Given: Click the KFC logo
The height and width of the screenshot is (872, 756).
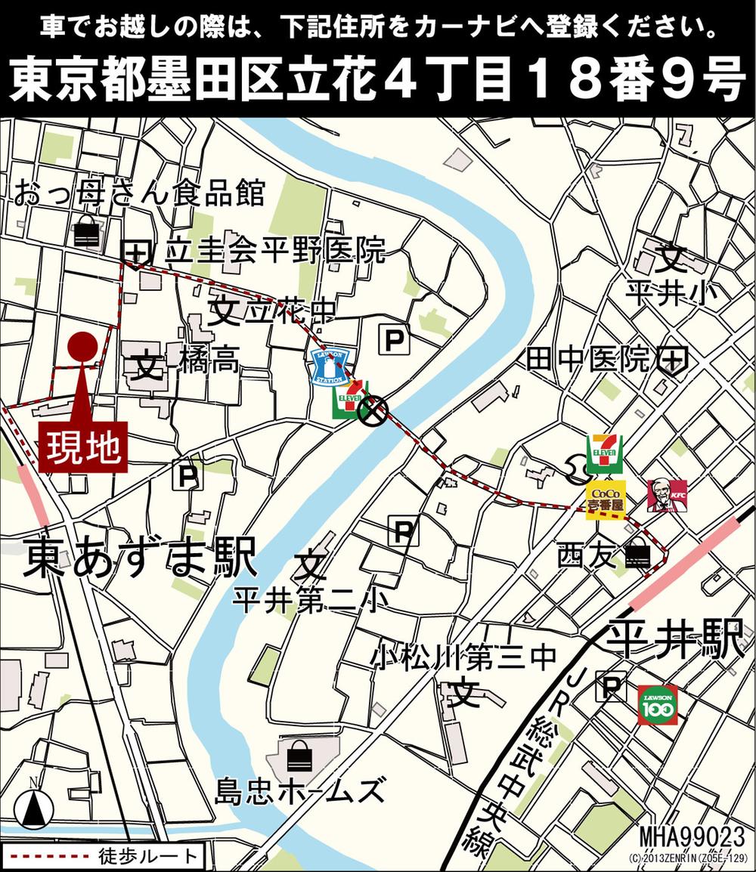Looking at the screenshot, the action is coord(666,494).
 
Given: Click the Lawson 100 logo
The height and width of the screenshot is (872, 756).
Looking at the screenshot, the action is coord(657,704).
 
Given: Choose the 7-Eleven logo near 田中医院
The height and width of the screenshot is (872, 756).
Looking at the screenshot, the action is coord(608,452).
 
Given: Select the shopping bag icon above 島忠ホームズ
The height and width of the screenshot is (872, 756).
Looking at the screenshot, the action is coord(302,754).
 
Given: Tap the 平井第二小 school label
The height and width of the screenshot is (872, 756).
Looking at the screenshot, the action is coord(309,601).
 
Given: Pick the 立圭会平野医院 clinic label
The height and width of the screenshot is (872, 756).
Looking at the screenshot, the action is coord(275,250).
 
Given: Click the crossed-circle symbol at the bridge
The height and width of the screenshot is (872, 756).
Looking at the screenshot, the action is coord(373,411).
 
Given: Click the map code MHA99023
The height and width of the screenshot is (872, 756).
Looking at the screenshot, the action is coord(692,837).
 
